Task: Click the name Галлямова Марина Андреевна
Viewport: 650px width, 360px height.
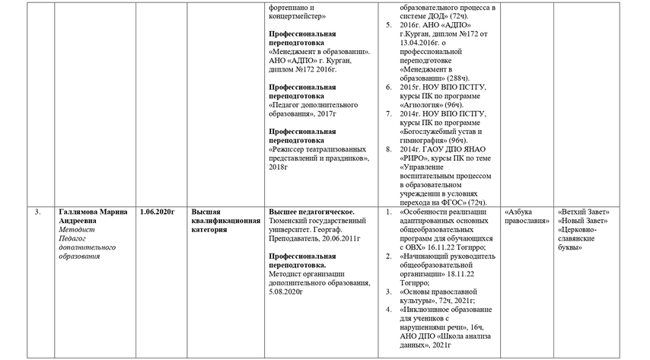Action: tap(93, 215)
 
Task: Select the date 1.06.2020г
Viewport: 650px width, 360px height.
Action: tap(158, 211)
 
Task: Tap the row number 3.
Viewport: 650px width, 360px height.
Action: tap(38, 211)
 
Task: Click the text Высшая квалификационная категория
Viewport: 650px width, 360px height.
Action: tap(225, 220)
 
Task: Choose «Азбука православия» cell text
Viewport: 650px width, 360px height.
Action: tap(527, 215)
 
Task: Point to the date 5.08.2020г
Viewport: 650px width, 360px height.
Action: tap(286, 292)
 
